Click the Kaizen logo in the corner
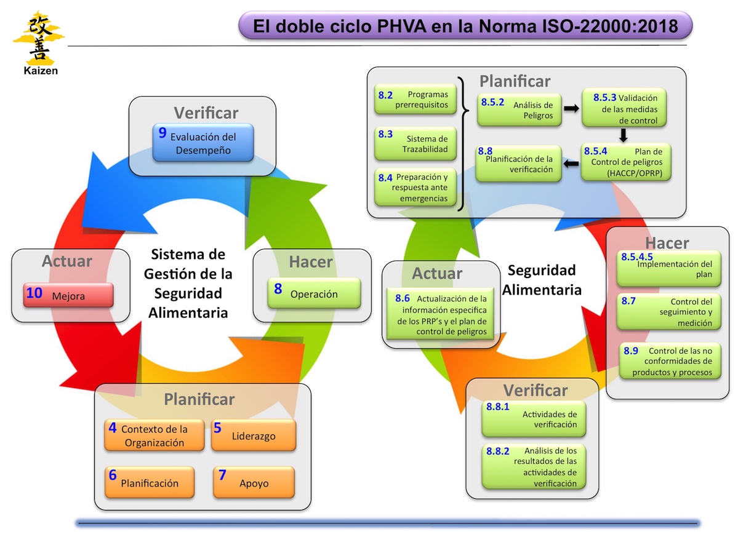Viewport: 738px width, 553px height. [x=38, y=42]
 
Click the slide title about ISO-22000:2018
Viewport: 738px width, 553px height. [x=465, y=26]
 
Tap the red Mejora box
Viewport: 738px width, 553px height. [x=68, y=295]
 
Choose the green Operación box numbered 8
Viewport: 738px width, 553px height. [x=314, y=293]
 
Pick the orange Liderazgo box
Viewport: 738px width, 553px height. [x=253, y=435]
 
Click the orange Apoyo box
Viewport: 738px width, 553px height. [x=253, y=482]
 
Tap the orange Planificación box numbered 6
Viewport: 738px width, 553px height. [x=150, y=482]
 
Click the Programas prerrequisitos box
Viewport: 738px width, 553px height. [x=415, y=100]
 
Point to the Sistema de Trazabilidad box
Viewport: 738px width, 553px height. [x=415, y=143]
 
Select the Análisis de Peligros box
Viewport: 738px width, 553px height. [x=519, y=109]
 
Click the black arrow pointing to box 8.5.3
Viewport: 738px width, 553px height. [x=571, y=108]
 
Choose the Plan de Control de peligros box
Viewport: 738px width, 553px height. [x=625, y=162]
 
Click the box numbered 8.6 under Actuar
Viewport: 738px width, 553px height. [x=441, y=314]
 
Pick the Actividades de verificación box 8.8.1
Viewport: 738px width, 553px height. [x=534, y=419]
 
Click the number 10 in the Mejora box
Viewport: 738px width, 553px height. [x=34, y=293]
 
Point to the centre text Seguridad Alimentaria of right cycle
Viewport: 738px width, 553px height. [x=542, y=280]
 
